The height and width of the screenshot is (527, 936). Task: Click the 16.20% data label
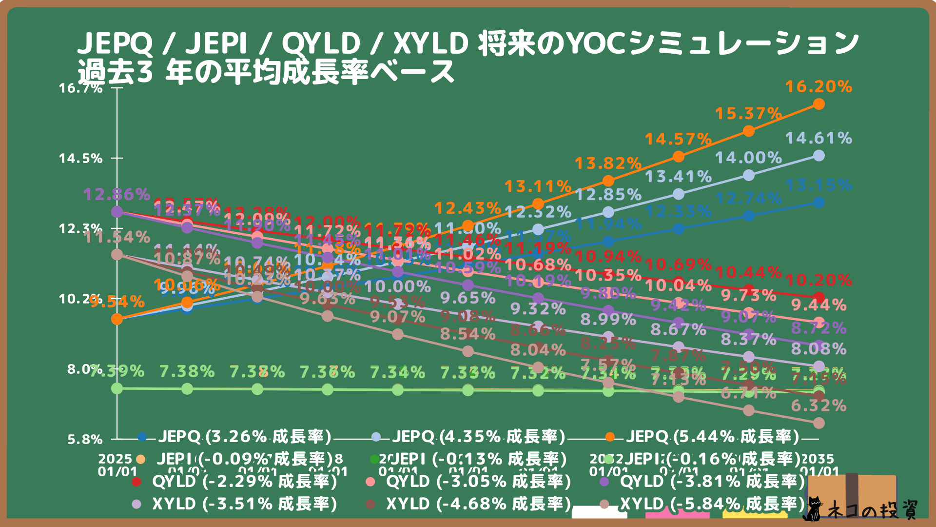819,87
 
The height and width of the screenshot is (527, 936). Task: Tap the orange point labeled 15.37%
748,131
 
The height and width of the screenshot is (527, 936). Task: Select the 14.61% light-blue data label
819,138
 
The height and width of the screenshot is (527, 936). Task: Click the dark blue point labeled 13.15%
819,203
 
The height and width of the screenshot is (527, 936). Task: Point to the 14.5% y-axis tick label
81,158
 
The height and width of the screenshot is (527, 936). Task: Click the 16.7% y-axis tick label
81,88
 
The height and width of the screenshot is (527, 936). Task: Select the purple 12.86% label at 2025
117,194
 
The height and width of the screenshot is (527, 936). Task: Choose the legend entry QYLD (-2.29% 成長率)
244,482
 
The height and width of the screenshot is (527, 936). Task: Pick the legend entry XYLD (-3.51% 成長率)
244,504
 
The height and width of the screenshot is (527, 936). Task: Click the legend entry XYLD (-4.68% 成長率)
478,504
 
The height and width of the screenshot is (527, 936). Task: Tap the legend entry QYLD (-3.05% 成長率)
478,482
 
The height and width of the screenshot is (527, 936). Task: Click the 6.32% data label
819,405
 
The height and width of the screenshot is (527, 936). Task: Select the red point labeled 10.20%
819,297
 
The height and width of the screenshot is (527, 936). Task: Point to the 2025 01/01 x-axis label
117,465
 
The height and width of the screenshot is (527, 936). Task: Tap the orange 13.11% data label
538,186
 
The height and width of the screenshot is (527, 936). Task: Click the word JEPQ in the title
115,43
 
